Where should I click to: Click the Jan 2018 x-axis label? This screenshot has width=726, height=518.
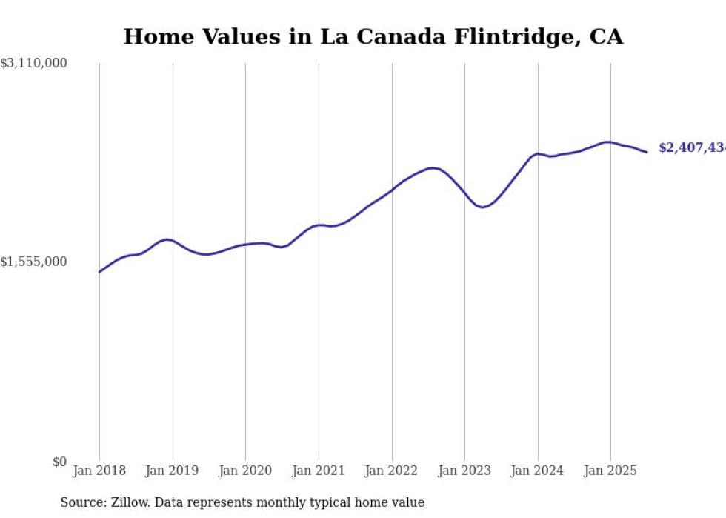click(x=99, y=471)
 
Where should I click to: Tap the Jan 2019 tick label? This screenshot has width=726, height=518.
click(x=172, y=471)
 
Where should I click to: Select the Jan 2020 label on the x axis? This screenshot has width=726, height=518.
click(x=245, y=471)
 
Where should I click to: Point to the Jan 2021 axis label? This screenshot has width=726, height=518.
click(x=319, y=471)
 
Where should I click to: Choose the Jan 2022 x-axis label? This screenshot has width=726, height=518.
click(x=391, y=471)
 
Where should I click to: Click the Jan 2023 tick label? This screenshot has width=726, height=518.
click(x=464, y=471)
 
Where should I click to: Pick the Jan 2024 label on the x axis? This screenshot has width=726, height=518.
click(x=537, y=471)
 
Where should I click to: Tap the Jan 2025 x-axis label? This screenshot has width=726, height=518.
click(x=610, y=471)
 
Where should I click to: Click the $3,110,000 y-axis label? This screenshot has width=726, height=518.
click(x=33, y=64)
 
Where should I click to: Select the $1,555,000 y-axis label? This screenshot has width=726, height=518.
click(x=33, y=262)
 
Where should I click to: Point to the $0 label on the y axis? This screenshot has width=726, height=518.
click(x=59, y=462)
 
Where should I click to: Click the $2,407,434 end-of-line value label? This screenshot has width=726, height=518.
click(x=692, y=148)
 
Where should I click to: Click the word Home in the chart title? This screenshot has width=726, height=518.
click(x=152, y=37)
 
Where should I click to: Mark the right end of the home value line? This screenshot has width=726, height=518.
click(x=647, y=152)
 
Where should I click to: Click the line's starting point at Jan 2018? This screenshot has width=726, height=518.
click(x=100, y=272)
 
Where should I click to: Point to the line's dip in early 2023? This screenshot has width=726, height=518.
click(x=482, y=207)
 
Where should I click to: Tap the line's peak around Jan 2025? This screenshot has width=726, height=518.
click(x=607, y=142)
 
